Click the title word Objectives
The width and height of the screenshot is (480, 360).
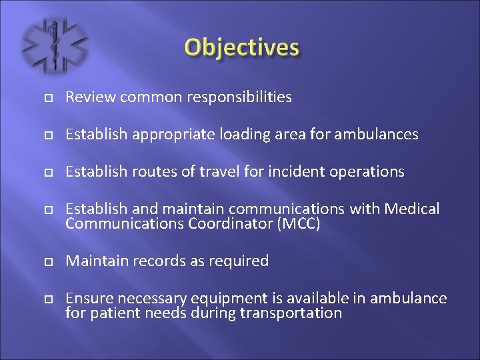242,48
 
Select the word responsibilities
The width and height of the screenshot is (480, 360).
239,97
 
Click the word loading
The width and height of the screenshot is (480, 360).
230,135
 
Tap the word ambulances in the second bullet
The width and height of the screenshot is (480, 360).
377,135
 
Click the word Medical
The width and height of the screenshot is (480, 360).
413,209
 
